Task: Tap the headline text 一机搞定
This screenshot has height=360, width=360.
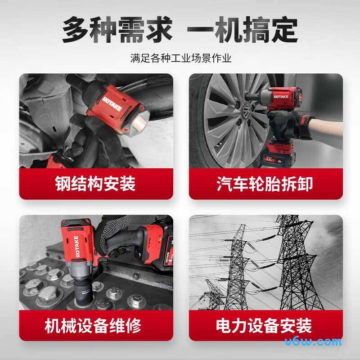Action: click(x=242, y=30)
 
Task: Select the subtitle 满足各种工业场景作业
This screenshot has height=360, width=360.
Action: click(x=180, y=58)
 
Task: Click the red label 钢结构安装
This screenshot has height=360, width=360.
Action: click(x=95, y=184)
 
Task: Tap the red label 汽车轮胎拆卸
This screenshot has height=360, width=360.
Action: click(x=265, y=184)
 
